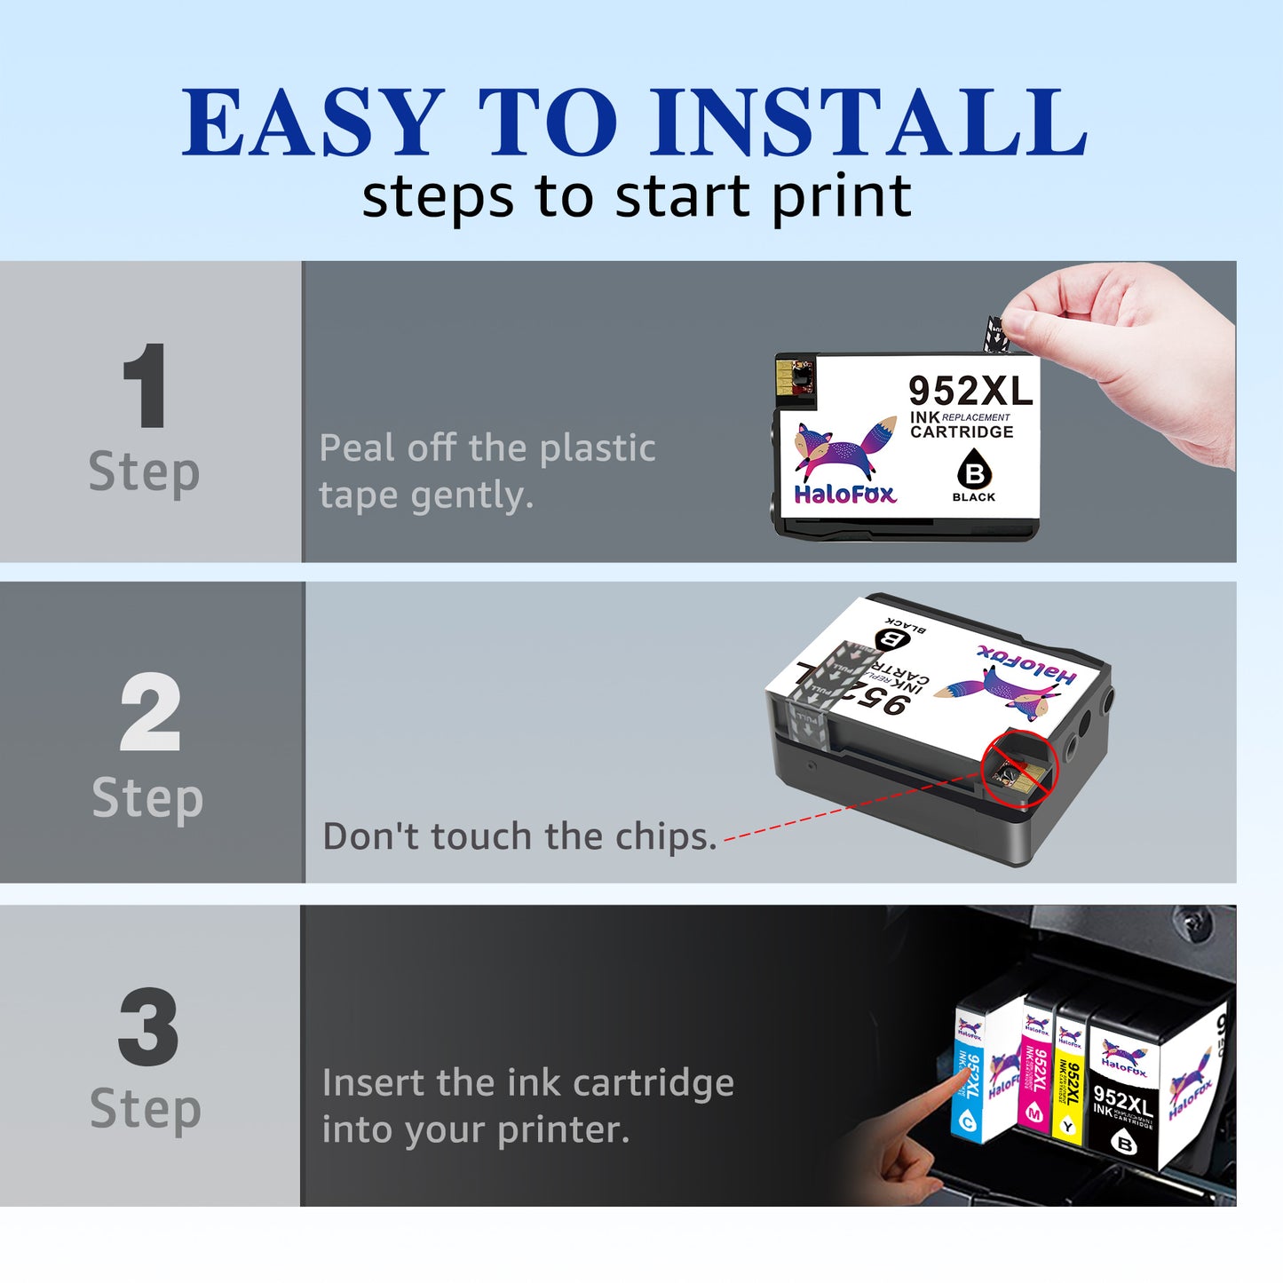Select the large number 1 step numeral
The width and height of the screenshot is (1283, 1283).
146,386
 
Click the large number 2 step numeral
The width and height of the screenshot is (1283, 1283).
149,712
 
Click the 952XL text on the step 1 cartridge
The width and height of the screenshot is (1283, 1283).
970,391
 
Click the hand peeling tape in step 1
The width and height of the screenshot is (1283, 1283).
1128,355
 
